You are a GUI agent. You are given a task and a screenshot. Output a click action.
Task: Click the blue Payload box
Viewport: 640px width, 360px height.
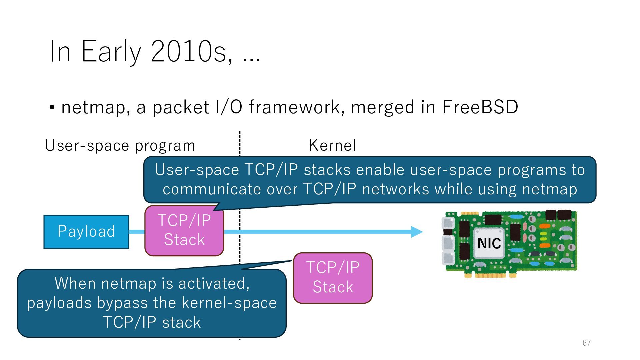(86, 232)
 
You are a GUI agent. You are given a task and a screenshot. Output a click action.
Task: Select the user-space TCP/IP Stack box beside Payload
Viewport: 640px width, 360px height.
(184, 230)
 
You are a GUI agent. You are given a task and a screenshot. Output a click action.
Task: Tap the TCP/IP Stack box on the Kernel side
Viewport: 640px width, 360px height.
(333, 278)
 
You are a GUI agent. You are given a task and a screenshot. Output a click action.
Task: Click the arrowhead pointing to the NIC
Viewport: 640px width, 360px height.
(416, 232)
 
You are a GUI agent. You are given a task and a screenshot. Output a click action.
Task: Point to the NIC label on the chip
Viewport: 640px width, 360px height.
(489, 243)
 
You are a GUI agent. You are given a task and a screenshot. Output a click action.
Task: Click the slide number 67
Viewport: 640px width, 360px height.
(587, 343)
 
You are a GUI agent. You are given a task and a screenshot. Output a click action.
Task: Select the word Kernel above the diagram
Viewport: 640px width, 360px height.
(332, 145)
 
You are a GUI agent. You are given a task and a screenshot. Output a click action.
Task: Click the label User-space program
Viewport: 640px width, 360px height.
(120, 145)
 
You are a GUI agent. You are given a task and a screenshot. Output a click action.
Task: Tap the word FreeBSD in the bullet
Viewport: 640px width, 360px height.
(480, 107)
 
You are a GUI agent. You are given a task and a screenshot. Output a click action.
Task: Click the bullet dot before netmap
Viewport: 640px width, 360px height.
(52, 108)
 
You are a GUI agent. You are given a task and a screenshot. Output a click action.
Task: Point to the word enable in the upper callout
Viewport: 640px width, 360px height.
(380, 170)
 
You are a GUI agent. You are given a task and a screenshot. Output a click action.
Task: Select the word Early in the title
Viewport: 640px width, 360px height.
(111, 51)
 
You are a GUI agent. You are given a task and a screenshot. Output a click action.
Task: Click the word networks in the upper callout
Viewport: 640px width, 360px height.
(395, 189)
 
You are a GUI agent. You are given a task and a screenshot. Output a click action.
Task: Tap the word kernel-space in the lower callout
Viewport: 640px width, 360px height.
(229, 303)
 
